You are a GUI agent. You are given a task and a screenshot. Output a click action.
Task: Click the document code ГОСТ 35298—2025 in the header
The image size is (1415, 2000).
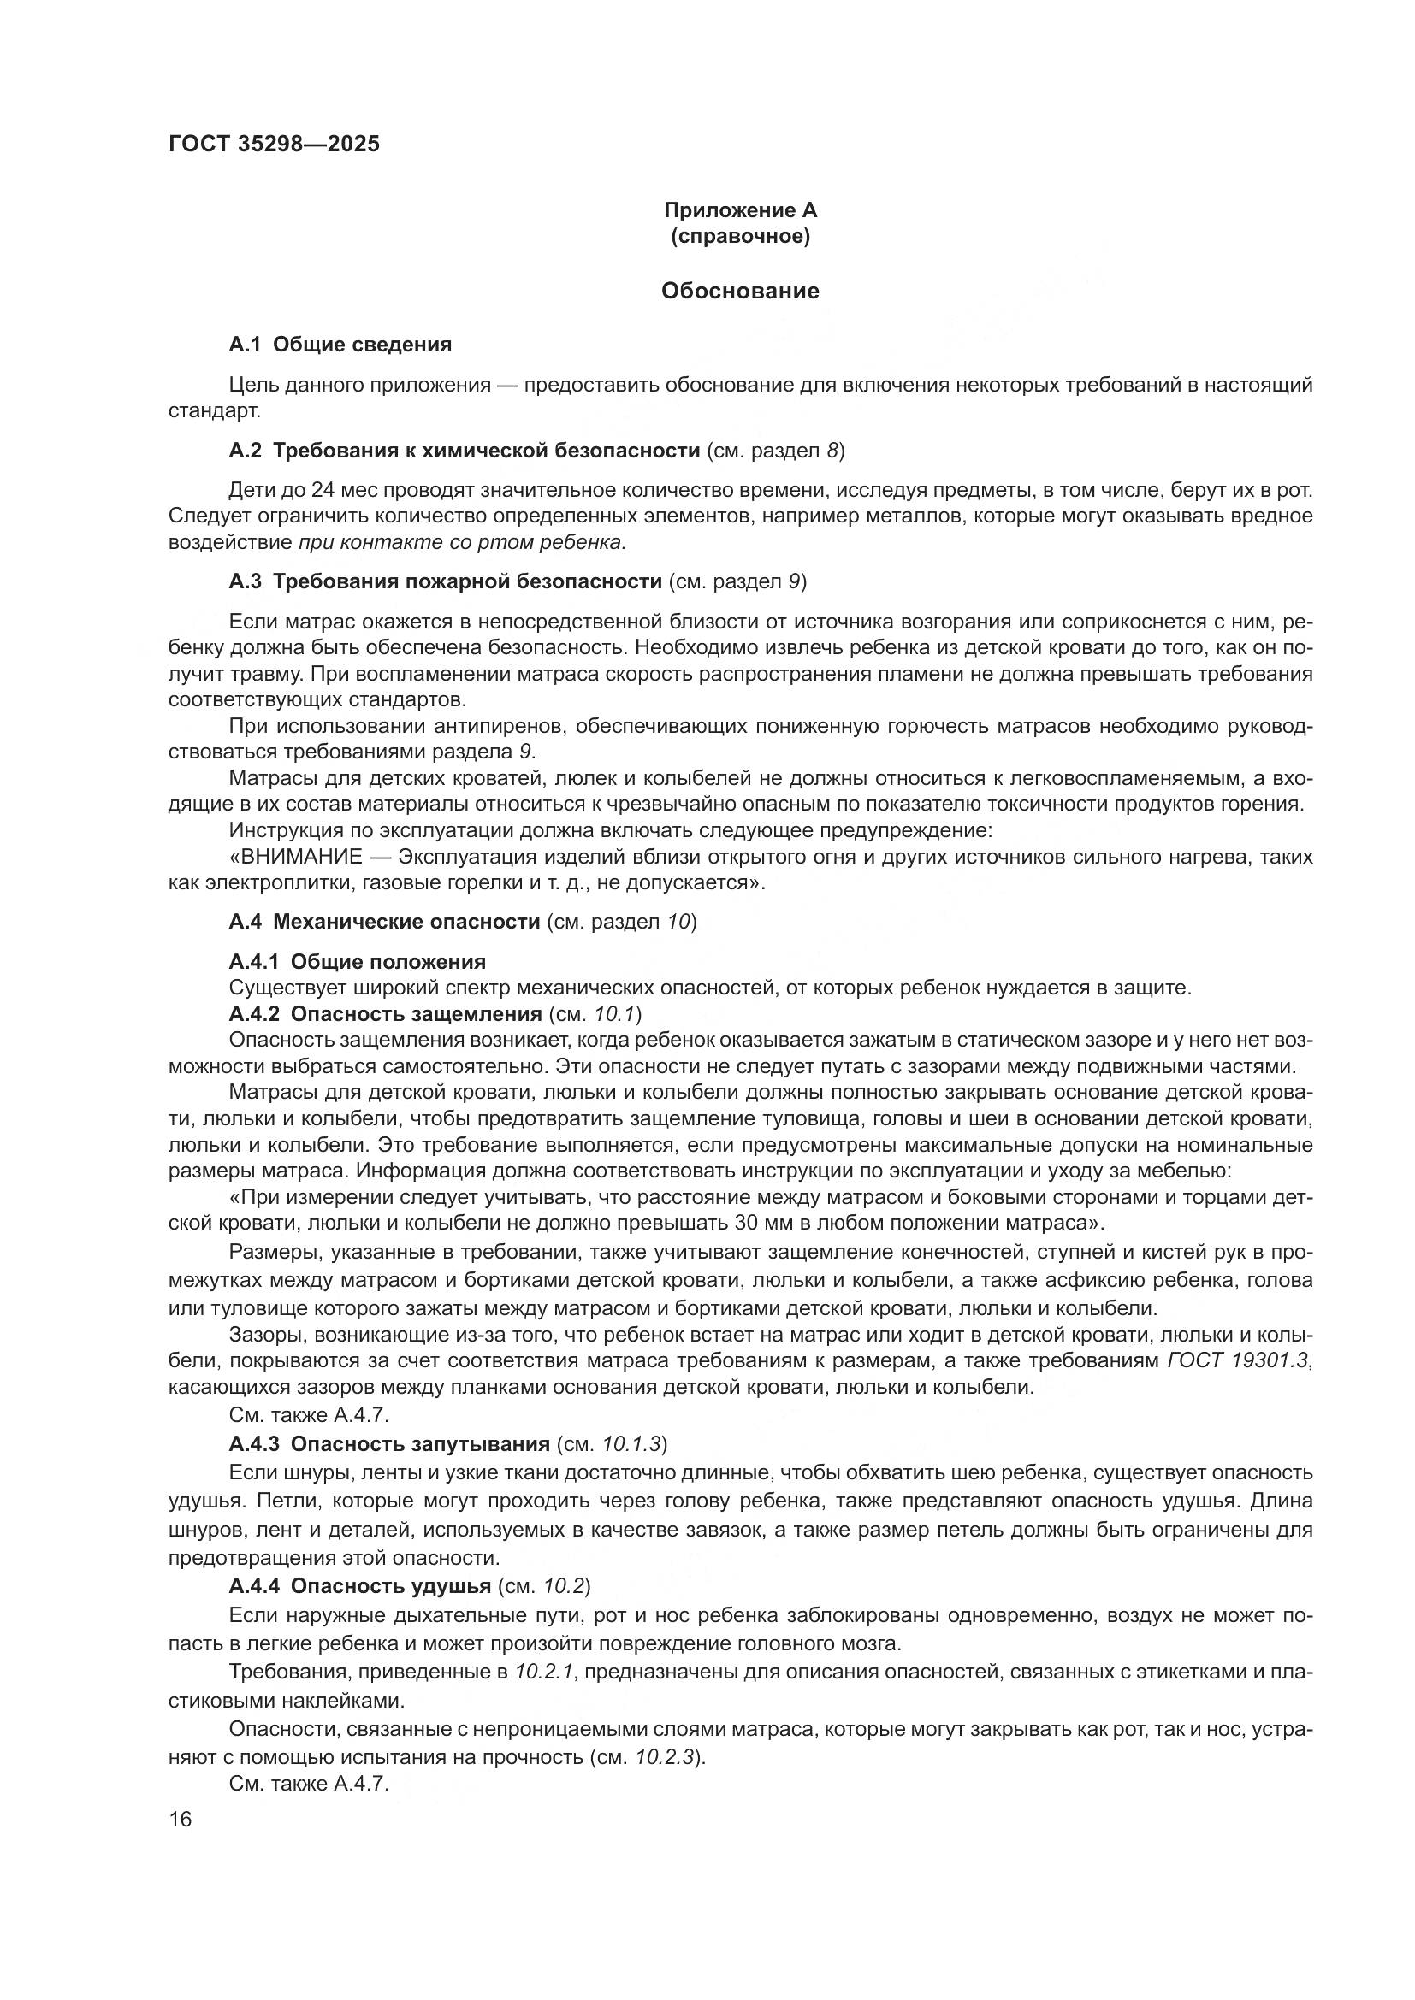coord(274,145)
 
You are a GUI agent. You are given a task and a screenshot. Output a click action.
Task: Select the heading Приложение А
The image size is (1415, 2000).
coord(740,211)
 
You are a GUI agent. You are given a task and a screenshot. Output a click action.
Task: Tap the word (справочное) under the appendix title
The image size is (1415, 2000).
coord(740,237)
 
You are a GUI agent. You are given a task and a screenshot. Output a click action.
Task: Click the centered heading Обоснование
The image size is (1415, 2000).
coord(740,291)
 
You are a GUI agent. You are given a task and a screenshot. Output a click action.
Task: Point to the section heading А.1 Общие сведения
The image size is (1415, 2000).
coord(340,345)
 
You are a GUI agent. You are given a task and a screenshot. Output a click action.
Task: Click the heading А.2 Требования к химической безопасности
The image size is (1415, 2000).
coord(465,451)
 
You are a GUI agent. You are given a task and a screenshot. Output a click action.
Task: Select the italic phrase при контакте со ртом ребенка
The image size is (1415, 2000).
coord(462,543)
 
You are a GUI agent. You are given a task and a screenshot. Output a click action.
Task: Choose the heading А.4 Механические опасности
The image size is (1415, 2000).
coord(384,922)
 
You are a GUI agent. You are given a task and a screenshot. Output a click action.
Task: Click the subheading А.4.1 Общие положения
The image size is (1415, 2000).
coord(358,962)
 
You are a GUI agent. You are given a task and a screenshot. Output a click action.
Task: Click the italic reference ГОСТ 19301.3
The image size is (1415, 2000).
coord(1237,1360)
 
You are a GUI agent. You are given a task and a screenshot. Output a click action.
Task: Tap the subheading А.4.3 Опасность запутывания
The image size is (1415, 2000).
coord(388,1444)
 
